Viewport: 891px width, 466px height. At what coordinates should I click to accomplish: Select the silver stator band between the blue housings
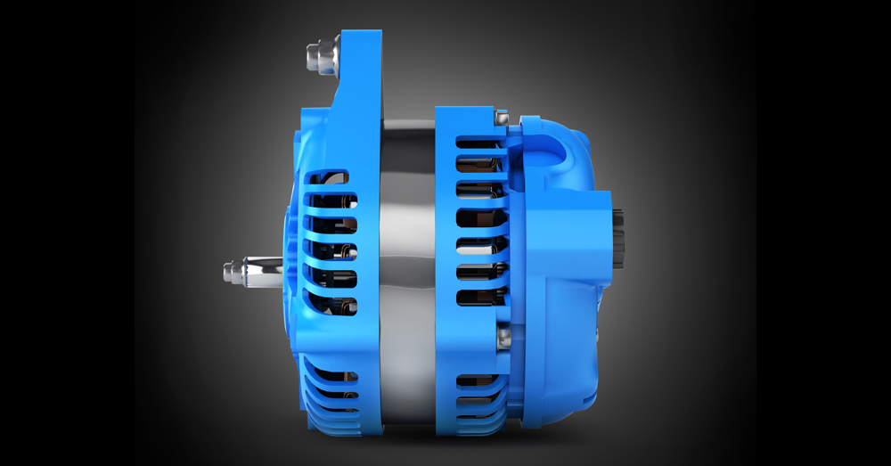pyautogui.click(x=406, y=267)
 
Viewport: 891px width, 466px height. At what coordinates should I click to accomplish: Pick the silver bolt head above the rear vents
pyautogui.click(x=502, y=117)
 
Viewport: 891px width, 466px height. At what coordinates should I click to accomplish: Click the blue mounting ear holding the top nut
pyautogui.click(x=360, y=67)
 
